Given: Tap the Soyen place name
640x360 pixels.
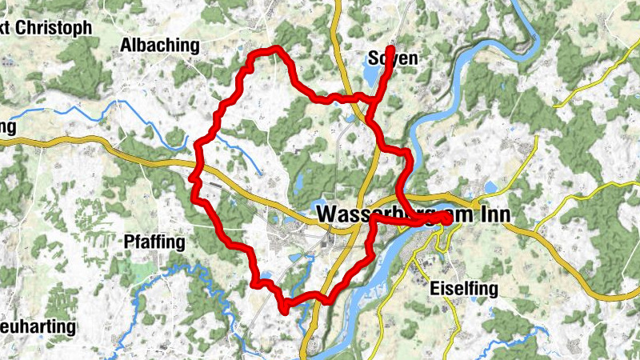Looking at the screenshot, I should (394, 58).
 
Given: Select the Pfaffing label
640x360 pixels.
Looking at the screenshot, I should (154, 241).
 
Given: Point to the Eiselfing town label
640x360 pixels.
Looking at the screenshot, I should (463, 289).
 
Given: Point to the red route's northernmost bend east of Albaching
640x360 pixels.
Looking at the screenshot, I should (276, 50).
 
